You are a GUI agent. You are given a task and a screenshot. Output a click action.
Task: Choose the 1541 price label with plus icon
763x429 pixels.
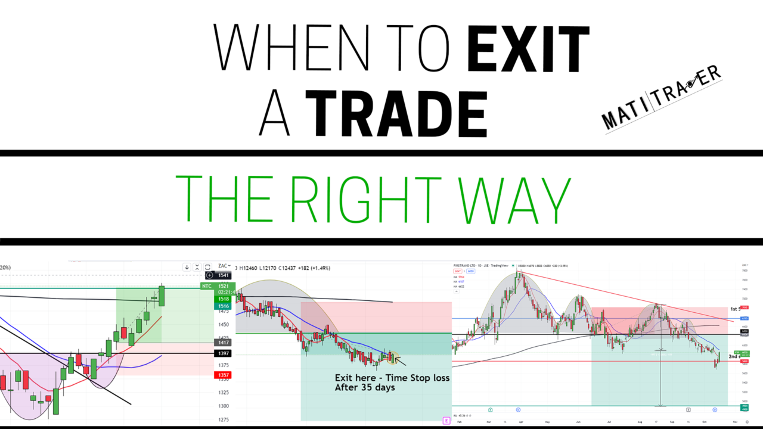pyautogui.click(x=219, y=275)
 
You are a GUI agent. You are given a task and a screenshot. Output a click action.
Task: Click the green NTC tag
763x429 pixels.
pyautogui.click(x=207, y=286)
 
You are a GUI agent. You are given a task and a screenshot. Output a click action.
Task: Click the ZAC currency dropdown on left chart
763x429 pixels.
pyautogui.click(x=224, y=266)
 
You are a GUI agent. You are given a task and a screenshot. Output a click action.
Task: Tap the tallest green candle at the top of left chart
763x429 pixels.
pyautogui.click(x=161, y=296)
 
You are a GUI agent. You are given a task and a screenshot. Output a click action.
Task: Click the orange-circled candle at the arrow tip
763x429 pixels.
pyautogui.click(x=392, y=357)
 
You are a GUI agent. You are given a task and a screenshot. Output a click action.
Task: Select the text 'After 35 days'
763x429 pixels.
pyautogui.click(x=365, y=387)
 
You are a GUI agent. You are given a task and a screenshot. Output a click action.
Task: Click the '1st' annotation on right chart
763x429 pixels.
pyautogui.click(x=734, y=309)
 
